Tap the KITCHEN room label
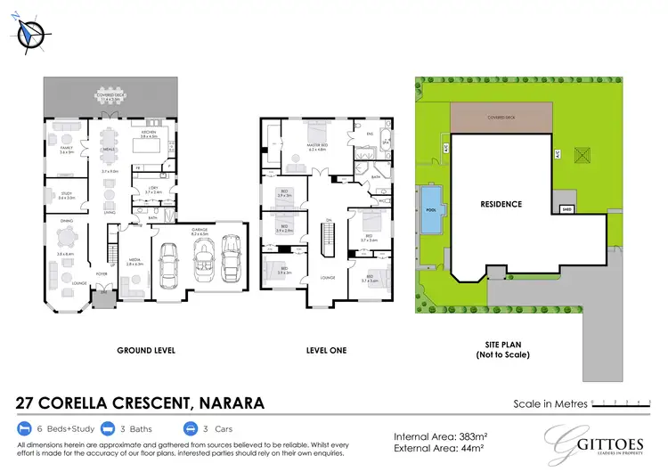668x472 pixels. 149,133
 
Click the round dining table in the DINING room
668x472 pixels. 65,237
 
